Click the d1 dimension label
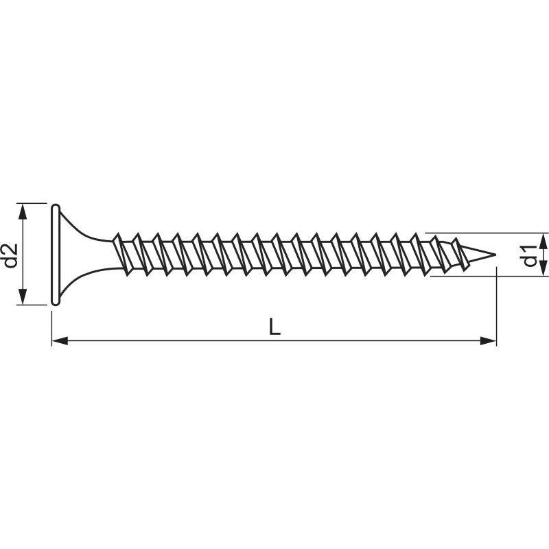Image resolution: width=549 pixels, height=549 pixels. coord(530,255)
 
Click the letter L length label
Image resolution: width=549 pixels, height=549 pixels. coord(274,327)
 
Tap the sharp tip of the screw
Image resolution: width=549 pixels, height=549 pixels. coord(495,255)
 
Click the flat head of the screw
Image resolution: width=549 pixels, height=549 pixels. coord(56,255)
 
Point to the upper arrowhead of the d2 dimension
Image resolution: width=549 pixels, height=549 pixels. coord(23,211)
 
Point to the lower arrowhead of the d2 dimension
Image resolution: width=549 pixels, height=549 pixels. coord(23,297)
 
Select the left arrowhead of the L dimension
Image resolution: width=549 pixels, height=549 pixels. coord(60,340)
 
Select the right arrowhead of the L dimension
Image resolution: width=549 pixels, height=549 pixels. coord(488,340)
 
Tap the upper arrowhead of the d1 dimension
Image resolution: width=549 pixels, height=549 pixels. coord(543,241)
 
